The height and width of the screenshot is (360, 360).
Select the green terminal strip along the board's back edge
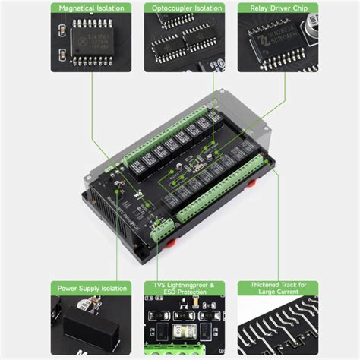[x=171, y=126]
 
